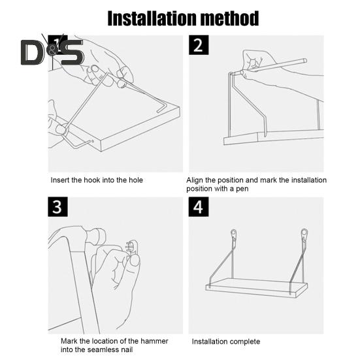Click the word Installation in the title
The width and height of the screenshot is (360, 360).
152,18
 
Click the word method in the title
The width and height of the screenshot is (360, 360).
230,18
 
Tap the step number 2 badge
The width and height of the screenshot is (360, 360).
199,45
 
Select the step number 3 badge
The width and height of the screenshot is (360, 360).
57,206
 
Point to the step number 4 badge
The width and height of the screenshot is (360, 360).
199,206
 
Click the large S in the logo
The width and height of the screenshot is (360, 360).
72,52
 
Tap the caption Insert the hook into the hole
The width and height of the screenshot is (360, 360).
97,180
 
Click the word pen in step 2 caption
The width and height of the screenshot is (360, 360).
242,189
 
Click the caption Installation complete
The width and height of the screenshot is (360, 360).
226,342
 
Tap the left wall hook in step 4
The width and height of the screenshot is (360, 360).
234,235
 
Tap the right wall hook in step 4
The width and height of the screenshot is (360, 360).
304,235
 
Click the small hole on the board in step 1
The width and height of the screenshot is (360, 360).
93,141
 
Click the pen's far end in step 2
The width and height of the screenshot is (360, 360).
305,61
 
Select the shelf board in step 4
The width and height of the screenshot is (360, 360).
257,287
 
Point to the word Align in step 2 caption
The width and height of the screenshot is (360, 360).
195,180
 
